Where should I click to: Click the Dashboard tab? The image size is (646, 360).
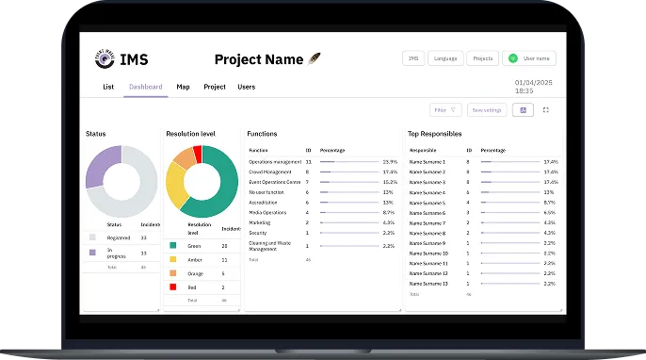pos(146,87)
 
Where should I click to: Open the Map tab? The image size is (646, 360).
pos(183,87)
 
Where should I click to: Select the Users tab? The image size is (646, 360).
pos(246,87)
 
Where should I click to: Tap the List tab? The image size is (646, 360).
pos(108,87)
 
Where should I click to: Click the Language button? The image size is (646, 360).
pos(445,58)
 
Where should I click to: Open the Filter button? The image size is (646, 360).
pos(445,110)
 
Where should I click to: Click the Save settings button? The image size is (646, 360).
pos(487,110)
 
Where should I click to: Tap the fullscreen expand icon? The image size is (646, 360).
pos(545,110)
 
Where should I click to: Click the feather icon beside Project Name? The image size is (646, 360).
pos(315,59)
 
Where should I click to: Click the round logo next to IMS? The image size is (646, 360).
pos(105,59)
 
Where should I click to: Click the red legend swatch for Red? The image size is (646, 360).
pos(173,286)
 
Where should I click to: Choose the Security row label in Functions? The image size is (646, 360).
pos(258,233)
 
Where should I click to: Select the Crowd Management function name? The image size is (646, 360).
pos(269,172)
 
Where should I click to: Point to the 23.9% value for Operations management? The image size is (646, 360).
pos(389,162)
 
